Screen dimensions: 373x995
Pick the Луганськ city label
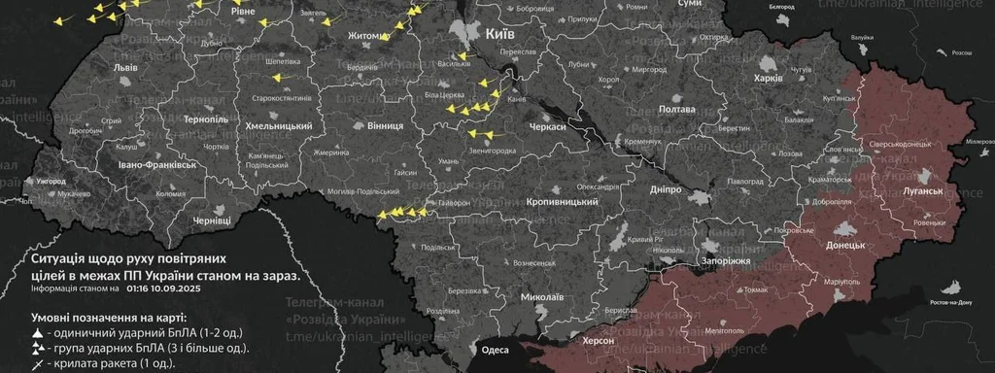(923, 191)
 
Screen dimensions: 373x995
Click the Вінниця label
(387, 127)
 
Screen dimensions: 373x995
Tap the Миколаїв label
(542, 296)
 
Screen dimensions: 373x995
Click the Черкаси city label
(548, 127)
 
